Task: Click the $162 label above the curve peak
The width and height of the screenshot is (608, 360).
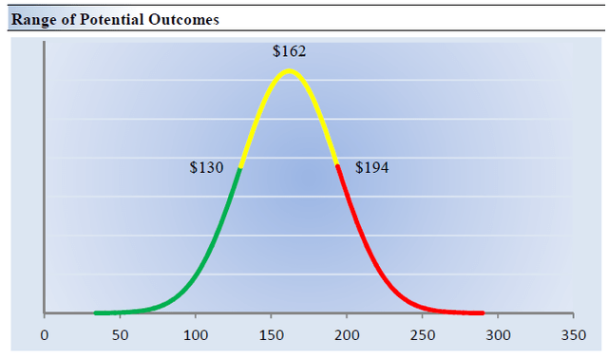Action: click(289, 50)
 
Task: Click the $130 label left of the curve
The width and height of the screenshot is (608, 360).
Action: click(206, 168)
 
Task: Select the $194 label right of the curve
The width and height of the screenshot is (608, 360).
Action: click(371, 168)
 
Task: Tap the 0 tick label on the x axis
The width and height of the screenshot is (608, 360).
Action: click(44, 335)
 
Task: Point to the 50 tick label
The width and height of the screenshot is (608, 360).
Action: click(120, 335)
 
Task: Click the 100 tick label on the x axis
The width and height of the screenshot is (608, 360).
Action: click(196, 335)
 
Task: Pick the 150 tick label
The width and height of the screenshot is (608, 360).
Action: click(272, 335)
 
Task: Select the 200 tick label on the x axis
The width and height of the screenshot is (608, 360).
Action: click(347, 335)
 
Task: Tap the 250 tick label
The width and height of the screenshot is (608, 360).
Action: click(423, 335)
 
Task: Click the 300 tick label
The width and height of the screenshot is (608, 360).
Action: click(498, 335)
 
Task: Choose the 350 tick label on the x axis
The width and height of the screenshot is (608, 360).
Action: click(574, 335)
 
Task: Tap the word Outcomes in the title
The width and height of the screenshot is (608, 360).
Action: click(185, 19)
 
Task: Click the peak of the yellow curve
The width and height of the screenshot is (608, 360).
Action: click(289, 70)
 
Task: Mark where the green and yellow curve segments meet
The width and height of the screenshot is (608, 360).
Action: click(240, 167)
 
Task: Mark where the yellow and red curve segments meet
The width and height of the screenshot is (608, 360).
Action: click(337, 165)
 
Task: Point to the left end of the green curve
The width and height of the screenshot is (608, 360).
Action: click(96, 313)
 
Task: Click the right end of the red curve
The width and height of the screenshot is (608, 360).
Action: click(483, 313)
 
